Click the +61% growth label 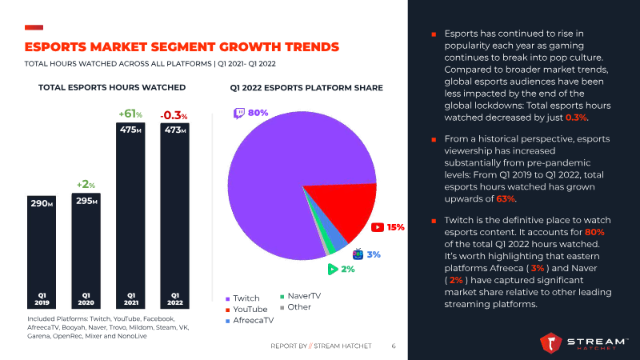point(130,114)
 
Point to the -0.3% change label point(174,115)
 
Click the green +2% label point(86,185)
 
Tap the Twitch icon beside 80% point(238,114)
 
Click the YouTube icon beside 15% point(377,227)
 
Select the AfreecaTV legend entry point(252,320)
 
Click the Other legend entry point(298,307)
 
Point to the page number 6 point(394,346)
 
